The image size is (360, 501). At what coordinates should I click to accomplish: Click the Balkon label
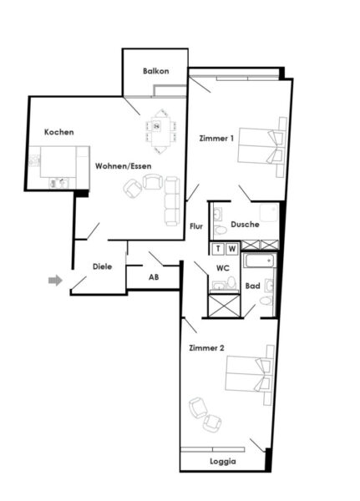click(x=155, y=71)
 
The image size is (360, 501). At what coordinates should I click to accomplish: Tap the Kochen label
click(x=59, y=133)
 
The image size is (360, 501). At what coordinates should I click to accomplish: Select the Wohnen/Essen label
click(x=122, y=166)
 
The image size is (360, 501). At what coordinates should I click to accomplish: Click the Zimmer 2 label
click(x=205, y=347)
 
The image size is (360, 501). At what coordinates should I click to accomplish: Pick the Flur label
click(x=196, y=226)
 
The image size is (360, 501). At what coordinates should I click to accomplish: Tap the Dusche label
click(x=245, y=225)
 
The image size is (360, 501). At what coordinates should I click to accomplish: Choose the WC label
click(x=222, y=268)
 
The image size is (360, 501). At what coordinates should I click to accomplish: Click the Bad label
click(x=252, y=286)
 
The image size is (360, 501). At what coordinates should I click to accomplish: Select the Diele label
click(x=103, y=267)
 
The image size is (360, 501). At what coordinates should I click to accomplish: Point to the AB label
click(x=154, y=276)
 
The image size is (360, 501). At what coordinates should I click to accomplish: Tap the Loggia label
click(x=222, y=462)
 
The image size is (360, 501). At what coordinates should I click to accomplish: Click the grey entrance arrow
click(x=55, y=281)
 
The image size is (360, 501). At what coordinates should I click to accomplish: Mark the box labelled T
click(x=219, y=248)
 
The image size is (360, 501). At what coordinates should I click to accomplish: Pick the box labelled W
click(x=232, y=248)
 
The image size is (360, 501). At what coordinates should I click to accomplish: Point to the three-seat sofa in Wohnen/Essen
click(x=172, y=201)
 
